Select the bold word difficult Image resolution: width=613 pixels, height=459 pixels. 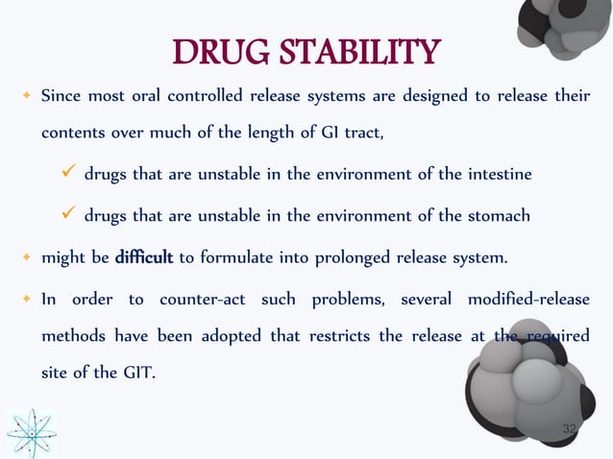coord(143,258)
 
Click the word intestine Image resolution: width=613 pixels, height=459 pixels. coord(498,176)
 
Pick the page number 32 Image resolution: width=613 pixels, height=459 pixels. coord(570,428)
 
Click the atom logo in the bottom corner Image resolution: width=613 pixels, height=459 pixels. coord(32,433)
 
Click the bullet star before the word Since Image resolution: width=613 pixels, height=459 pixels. coord(26,98)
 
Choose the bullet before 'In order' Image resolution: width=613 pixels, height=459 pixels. coord(26,300)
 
